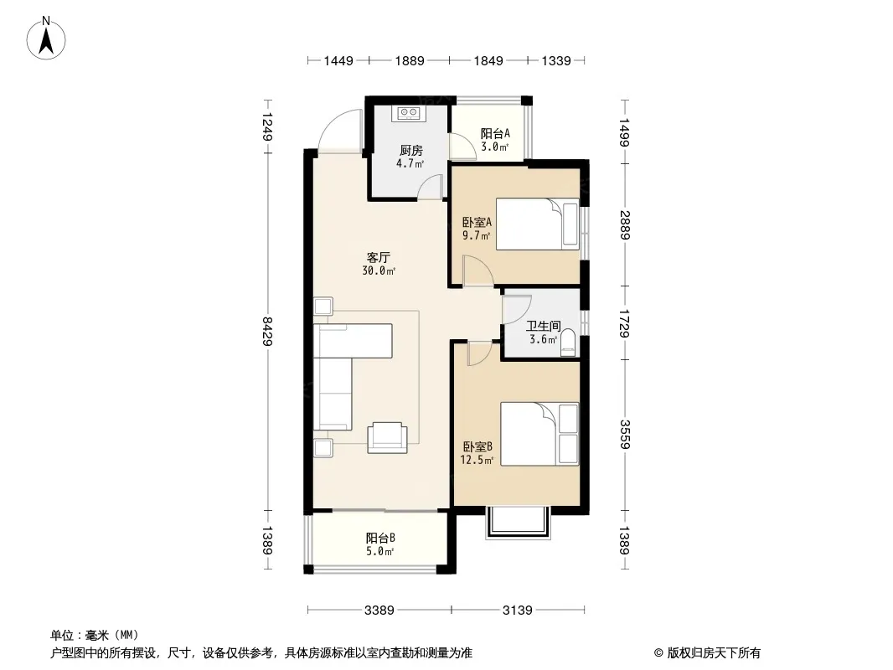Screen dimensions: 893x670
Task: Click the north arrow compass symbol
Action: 46,39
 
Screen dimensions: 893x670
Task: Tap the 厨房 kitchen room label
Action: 410,150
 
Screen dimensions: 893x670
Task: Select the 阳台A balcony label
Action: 495,134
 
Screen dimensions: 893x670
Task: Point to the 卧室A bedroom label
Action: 477,222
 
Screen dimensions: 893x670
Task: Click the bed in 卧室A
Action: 537,224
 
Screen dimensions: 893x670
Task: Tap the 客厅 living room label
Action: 378,257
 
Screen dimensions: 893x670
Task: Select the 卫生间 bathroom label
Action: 543,326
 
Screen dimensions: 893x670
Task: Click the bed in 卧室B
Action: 539,434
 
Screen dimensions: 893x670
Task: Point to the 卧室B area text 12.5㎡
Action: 477,460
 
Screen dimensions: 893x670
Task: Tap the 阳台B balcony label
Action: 380,538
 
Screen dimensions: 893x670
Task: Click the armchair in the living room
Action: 387,437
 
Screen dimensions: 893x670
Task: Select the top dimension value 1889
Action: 410,60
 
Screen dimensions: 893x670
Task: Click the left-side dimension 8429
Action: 267,332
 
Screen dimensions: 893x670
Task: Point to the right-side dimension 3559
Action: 625,434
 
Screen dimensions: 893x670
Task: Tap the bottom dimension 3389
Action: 379,611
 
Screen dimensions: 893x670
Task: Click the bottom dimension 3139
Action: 517,611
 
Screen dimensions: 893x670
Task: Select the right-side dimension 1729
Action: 625,322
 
